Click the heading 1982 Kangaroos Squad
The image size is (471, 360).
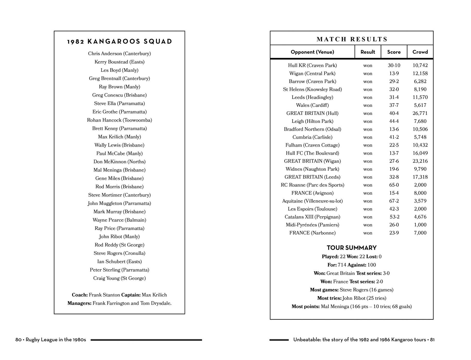click(119, 42)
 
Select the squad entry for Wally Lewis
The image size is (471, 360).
click(119, 145)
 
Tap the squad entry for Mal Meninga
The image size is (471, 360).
click(119, 170)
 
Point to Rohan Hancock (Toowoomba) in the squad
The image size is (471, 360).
click(119, 120)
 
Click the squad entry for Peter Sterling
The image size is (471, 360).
click(119, 270)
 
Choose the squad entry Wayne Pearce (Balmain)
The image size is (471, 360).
click(119, 220)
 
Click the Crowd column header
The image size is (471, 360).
click(420, 52)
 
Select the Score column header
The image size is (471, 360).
click(394, 52)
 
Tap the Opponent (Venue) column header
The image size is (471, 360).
click(312, 52)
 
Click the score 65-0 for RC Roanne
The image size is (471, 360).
click(394, 185)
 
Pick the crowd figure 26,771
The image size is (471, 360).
click(420, 113)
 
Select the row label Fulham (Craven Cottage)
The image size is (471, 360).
click(312, 145)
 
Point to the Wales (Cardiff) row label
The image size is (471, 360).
click(312, 105)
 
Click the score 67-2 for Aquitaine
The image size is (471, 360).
click(394, 201)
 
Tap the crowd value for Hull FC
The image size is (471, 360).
click(420, 153)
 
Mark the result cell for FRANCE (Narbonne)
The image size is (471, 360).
click(368, 233)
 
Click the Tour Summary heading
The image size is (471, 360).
click(352, 248)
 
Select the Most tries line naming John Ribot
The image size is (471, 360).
click(352, 298)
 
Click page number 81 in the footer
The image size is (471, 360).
click(432, 340)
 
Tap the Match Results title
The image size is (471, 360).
click(352, 39)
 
